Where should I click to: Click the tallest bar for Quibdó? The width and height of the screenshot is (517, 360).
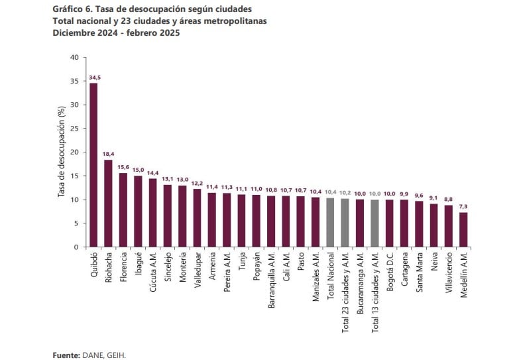(x=93, y=166)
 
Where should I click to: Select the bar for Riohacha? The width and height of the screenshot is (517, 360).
(x=108, y=204)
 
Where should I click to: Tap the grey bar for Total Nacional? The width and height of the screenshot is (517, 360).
(x=329, y=223)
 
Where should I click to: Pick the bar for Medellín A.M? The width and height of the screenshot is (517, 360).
(x=463, y=229)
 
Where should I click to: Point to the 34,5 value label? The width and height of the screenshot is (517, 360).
(x=93, y=78)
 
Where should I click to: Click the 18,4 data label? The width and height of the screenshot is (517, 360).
(x=108, y=154)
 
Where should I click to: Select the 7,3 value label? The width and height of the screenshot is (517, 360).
(x=463, y=206)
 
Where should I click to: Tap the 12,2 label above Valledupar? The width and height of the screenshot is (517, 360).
(x=197, y=183)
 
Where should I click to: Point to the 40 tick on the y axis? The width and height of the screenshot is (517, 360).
(x=74, y=58)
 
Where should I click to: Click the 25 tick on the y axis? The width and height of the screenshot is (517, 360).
(x=74, y=129)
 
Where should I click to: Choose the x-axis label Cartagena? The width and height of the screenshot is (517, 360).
(x=404, y=271)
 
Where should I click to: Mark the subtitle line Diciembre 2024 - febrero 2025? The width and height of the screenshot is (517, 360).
(x=116, y=32)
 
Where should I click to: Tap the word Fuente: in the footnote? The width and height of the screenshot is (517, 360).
(x=66, y=355)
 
